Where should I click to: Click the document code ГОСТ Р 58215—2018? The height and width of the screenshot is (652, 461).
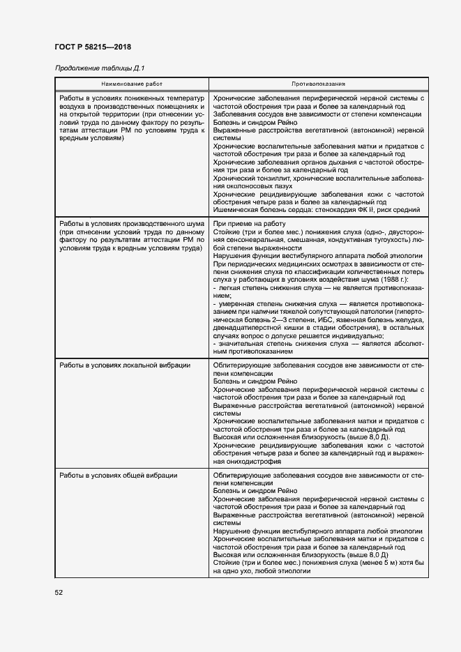(x=93, y=46)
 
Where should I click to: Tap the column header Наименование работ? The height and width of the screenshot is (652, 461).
(x=131, y=84)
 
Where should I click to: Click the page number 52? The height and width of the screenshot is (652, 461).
(x=59, y=592)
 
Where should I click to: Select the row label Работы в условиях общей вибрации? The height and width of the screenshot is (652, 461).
(x=118, y=475)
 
